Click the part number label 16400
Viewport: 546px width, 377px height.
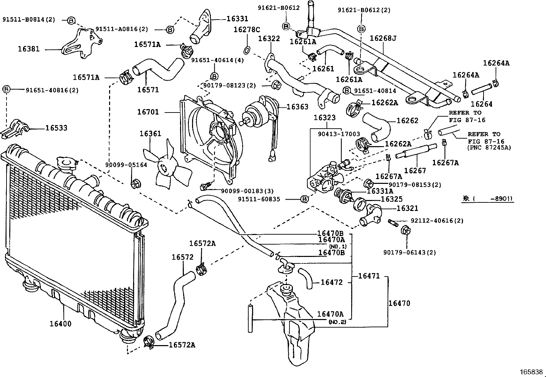tap(60, 323)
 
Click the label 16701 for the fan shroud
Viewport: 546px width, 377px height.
tap(148, 112)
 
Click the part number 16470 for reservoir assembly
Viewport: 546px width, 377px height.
tap(399, 303)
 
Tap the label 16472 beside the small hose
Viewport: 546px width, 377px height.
tap(332, 282)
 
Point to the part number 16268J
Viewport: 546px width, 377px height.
tap(383, 38)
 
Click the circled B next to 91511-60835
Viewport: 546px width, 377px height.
tap(304, 199)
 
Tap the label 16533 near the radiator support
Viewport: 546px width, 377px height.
tap(56, 128)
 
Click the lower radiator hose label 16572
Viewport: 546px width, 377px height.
tap(183, 257)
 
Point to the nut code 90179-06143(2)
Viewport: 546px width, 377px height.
tap(409, 252)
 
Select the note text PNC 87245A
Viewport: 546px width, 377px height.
tap(489, 148)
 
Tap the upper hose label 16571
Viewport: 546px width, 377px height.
tap(148, 90)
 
